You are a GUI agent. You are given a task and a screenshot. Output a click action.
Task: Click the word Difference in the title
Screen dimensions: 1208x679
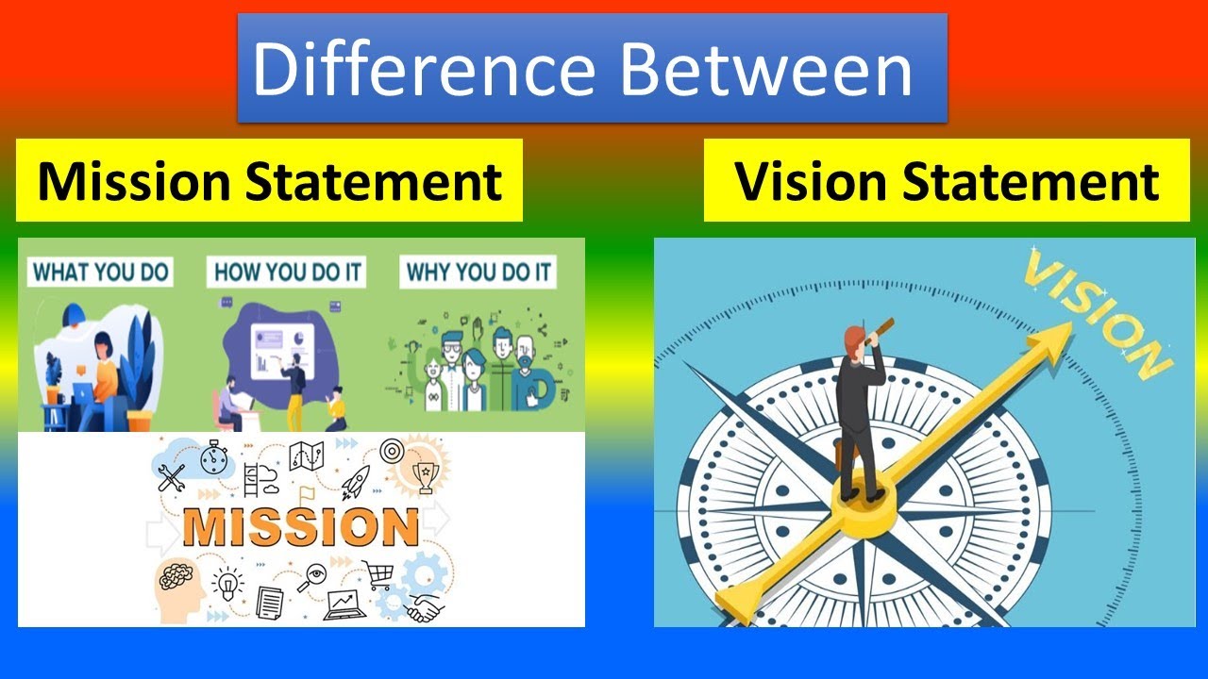(x=424, y=69)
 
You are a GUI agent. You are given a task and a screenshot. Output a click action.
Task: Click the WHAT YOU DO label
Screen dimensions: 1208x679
(x=100, y=272)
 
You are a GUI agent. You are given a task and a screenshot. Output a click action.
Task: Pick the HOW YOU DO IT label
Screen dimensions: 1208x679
(x=286, y=272)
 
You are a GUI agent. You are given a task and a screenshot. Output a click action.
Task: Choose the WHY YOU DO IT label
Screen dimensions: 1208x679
(x=478, y=272)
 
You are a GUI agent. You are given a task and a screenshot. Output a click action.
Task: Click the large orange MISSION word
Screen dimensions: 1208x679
(x=301, y=526)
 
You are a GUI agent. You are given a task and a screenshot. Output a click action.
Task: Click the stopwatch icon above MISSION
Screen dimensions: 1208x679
(x=214, y=458)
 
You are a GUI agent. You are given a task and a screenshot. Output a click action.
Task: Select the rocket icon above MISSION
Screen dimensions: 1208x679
(x=356, y=481)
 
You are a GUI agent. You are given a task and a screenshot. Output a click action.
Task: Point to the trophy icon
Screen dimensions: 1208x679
(x=426, y=477)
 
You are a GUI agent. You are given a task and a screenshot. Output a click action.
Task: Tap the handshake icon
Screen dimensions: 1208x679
(x=427, y=608)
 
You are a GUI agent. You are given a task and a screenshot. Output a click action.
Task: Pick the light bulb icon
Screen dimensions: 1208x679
(x=227, y=585)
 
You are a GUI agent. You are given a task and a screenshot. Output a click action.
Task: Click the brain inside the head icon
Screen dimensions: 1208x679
(x=176, y=575)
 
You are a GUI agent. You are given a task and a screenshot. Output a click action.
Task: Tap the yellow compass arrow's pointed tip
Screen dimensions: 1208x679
(x=1072, y=323)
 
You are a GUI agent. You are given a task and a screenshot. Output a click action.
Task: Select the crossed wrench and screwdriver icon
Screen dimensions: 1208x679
(x=172, y=478)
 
